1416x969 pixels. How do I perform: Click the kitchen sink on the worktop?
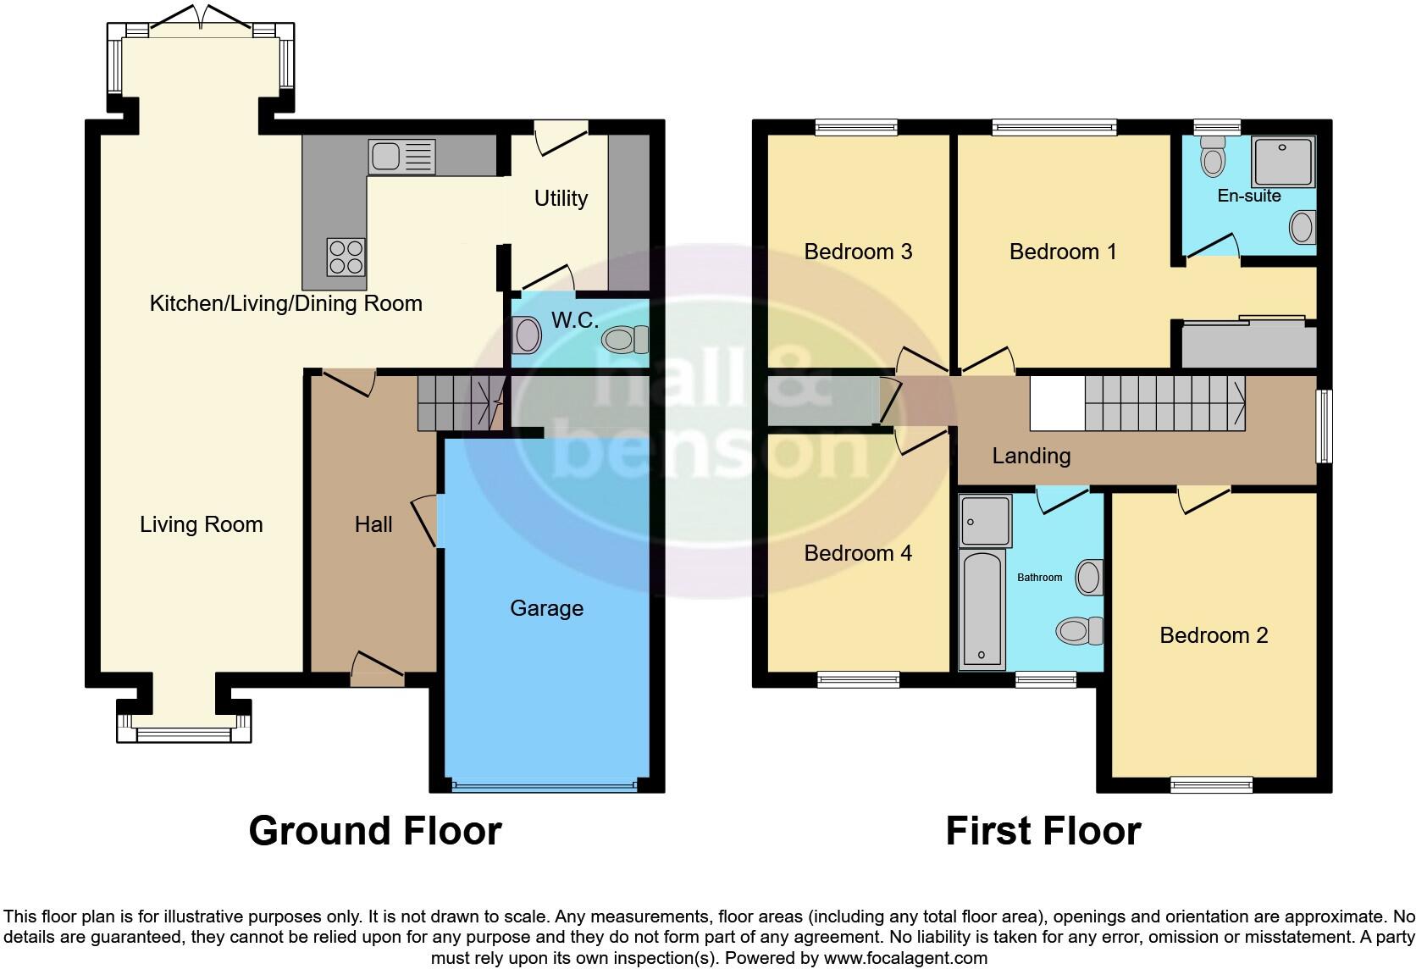pyautogui.click(x=401, y=157)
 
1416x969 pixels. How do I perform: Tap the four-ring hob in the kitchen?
pyautogui.click(x=346, y=257)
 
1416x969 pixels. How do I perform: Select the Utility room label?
pyautogui.click(x=561, y=198)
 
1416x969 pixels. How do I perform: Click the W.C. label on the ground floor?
pyautogui.click(x=575, y=320)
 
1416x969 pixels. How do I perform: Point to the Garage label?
pyautogui.click(x=546, y=608)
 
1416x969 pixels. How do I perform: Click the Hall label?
pyautogui.click(x=373, y=524)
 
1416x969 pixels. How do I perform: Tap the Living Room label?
pyautogui.click(x=202, y=524)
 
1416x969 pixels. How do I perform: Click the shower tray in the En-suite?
pyautogui.click(x=1284, y=161)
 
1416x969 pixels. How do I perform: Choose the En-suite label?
pyautogui.click(x=1249, y=196)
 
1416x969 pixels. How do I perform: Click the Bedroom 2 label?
pyautogui.click(x=1214, y=635)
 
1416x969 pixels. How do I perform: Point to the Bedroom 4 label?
pyautogui.click(x=858, y=553)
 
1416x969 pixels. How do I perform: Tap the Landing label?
pyautogui.click(x=1032, y=456)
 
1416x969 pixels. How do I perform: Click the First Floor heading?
pyautogui.click(x=1043, y=831)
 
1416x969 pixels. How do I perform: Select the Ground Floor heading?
pyautogui.click(x=375, y=831)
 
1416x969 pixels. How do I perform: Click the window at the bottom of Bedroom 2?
pyautogui.click(x=1211, y=785)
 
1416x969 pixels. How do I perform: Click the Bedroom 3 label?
pyautogui.click(x=858, y=252)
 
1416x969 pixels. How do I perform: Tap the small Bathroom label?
pyautogui.click(x=1039, y=578)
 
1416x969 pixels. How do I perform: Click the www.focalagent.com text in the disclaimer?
pyautogui.click(x=905, y=959)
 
